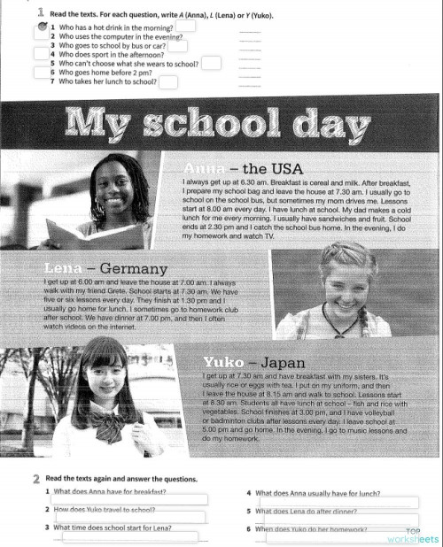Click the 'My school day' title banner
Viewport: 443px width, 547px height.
click(221, 124)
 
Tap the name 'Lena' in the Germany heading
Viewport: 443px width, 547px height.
click(63, 268)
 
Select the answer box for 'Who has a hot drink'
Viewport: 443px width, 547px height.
click(185, 26)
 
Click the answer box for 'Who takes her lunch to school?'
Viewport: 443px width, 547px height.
click(167, 82)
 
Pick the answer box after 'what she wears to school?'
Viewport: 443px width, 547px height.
click(211, 63)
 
